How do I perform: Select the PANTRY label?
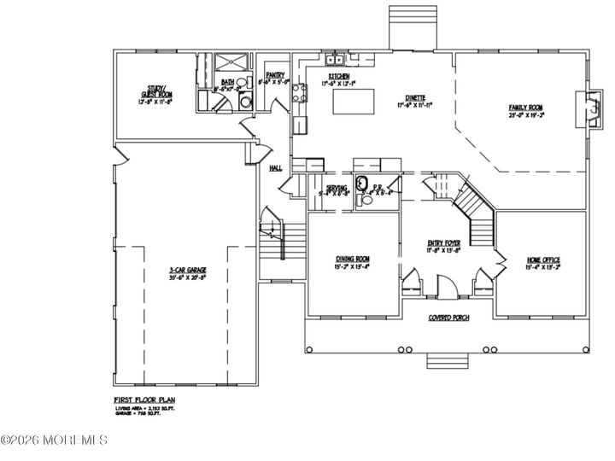[x=274, y=76]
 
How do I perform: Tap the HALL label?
[x=275, y=168]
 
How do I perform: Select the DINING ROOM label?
[x=351, y=259]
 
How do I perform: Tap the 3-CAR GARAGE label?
[x=187, y=271]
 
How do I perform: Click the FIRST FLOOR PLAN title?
[x=145, y=400]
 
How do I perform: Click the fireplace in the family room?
[x=586, y=109]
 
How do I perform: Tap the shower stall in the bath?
[x=228, y=63]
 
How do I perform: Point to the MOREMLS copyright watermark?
[x=54, y=441]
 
